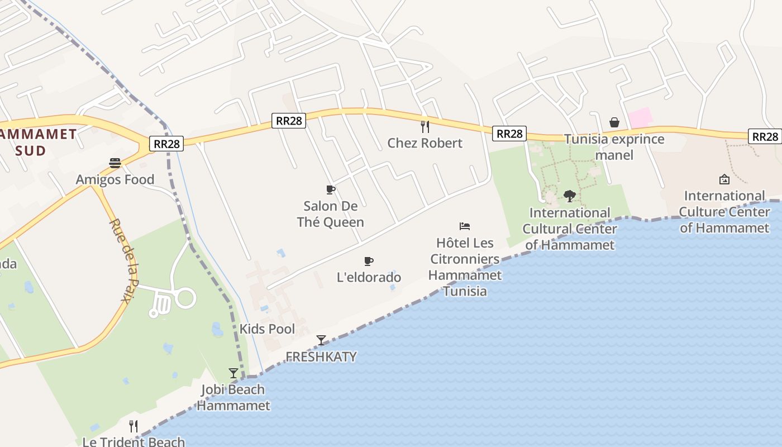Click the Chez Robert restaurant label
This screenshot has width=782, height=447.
pyautogui.click(x=425, y=143)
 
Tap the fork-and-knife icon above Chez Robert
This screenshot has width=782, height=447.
pyautogui.click(x=425, y=126)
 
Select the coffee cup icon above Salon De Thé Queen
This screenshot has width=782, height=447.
pyautogui.click(x=330, y=189)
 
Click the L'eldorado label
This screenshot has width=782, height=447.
pyautogui.click(x=369, y=277)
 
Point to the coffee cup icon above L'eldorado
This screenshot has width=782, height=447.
pyautogui.click(x=368, y=261)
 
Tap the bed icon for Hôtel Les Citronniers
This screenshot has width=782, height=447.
pyautogui.click(x=465, y=226)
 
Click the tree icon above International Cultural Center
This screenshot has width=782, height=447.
pyautogui.click(x=570, y=196)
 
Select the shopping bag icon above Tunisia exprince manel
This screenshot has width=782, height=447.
pyautogui.click(x=614, y=122)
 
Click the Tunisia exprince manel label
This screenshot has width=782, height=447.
pyautogui.click(x=614, y=147)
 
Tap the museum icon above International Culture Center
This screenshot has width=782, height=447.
pyautogui.click(x=724, y=179)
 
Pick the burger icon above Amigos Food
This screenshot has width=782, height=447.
pyautogui.click(x=115, y=163)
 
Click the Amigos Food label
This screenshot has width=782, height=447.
pyautogui.click(x=115, y=179)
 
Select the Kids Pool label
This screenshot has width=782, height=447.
pyautogui.click(x=267, y=329)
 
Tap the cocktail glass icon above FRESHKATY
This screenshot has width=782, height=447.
pyautogui.click(x=321, y=340)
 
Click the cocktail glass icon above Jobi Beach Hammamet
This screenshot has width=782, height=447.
pyautogui.click(x=233, y=373)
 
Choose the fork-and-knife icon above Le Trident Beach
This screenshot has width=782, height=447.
pyautogui.click(x=133, y=426)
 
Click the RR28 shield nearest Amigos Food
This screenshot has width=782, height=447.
pyautogui.click(x=167, y=144)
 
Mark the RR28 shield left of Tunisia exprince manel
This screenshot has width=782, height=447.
pyautogui.click(x=510, y=134)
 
